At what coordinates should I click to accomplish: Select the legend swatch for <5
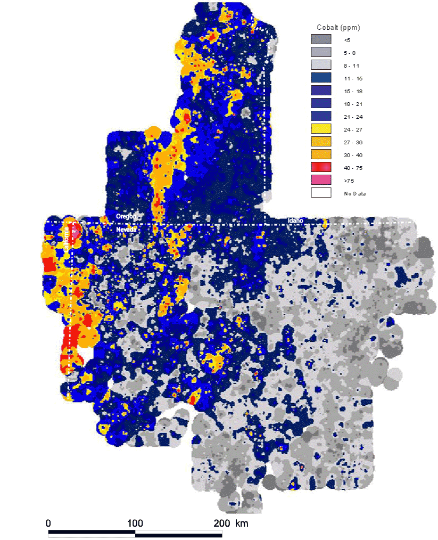pos(321,39)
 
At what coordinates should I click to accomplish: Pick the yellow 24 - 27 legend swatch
pos(321,129)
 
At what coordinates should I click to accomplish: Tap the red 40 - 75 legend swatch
pos(321,167)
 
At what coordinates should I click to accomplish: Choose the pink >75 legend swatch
pos(321,180)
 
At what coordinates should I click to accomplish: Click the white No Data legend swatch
pos(321,193)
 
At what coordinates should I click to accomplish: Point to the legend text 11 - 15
pos(351,78)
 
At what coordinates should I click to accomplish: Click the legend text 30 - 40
pos(351,155)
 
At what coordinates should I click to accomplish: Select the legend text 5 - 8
pos(349,53)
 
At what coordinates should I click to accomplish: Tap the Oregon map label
pos(127,216)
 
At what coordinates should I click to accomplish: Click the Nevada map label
pos(127,229)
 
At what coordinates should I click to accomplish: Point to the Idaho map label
pos(295,220)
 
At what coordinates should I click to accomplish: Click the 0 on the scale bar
pos(48,523)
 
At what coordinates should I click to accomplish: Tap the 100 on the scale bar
pos(135,523)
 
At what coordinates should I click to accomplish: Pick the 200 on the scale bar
pos(222,523)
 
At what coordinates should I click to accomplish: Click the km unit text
pos(242,523)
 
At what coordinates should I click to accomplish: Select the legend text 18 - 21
pos(351,104)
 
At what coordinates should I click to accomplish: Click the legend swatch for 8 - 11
pos(321,65)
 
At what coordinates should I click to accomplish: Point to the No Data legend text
pos(354,193)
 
